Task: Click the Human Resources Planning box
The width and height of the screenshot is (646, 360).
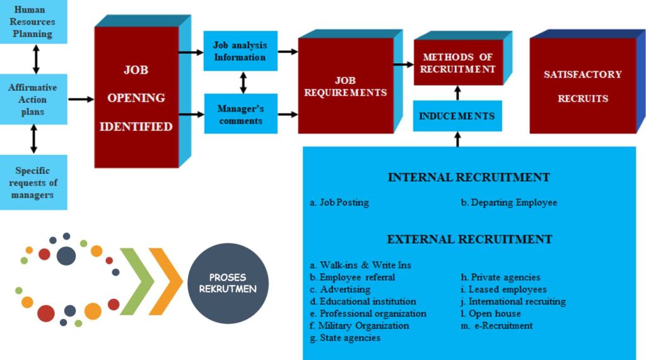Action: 33,21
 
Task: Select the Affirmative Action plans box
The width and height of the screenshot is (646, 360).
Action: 33,99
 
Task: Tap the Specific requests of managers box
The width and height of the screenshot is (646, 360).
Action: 33,182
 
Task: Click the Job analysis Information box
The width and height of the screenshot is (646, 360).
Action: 240,51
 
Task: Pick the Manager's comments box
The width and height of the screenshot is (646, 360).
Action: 240,114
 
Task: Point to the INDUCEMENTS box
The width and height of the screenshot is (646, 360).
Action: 457,116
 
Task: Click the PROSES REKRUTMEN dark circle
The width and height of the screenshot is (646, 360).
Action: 228,283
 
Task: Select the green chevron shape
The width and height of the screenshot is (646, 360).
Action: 137,281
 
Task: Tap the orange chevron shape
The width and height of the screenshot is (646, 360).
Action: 166,281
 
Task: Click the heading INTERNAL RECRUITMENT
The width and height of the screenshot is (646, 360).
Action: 469,178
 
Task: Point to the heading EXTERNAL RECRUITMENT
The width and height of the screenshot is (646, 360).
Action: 469,240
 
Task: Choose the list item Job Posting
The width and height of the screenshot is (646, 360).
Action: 339,202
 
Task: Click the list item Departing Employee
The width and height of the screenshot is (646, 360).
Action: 509,202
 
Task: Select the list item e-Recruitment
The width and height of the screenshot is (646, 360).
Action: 497,326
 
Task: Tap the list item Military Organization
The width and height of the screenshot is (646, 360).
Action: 359,326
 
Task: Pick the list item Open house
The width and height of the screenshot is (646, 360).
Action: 491,314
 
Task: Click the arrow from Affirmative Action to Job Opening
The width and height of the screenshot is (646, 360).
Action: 81,99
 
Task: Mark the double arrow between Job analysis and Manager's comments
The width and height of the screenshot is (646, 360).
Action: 244,83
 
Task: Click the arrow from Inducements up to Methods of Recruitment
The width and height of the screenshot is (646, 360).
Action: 457,93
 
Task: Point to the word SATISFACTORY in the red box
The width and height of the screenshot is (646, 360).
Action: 582,74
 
